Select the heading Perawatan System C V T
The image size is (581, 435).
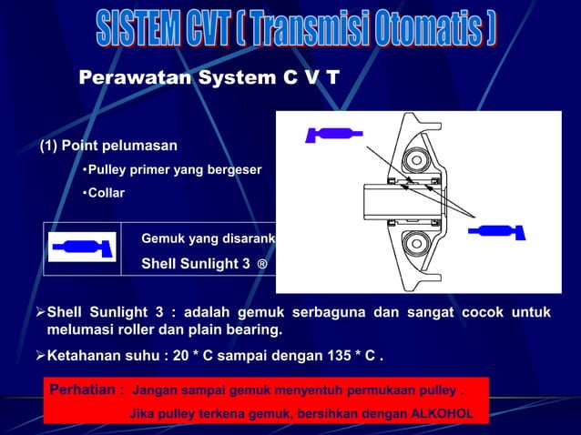tap(209, 77)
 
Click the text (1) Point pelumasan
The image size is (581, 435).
tap(107, 146)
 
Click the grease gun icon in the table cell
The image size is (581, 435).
tap(82, 248)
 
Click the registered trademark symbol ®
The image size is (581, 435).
tap(262, 265)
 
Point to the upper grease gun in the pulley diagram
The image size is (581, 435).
tap(333, 135)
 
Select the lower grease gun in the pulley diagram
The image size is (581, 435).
tap(496, 231)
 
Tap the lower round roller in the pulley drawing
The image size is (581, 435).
tap(418, 244)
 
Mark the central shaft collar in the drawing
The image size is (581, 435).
tap(401, 202)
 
